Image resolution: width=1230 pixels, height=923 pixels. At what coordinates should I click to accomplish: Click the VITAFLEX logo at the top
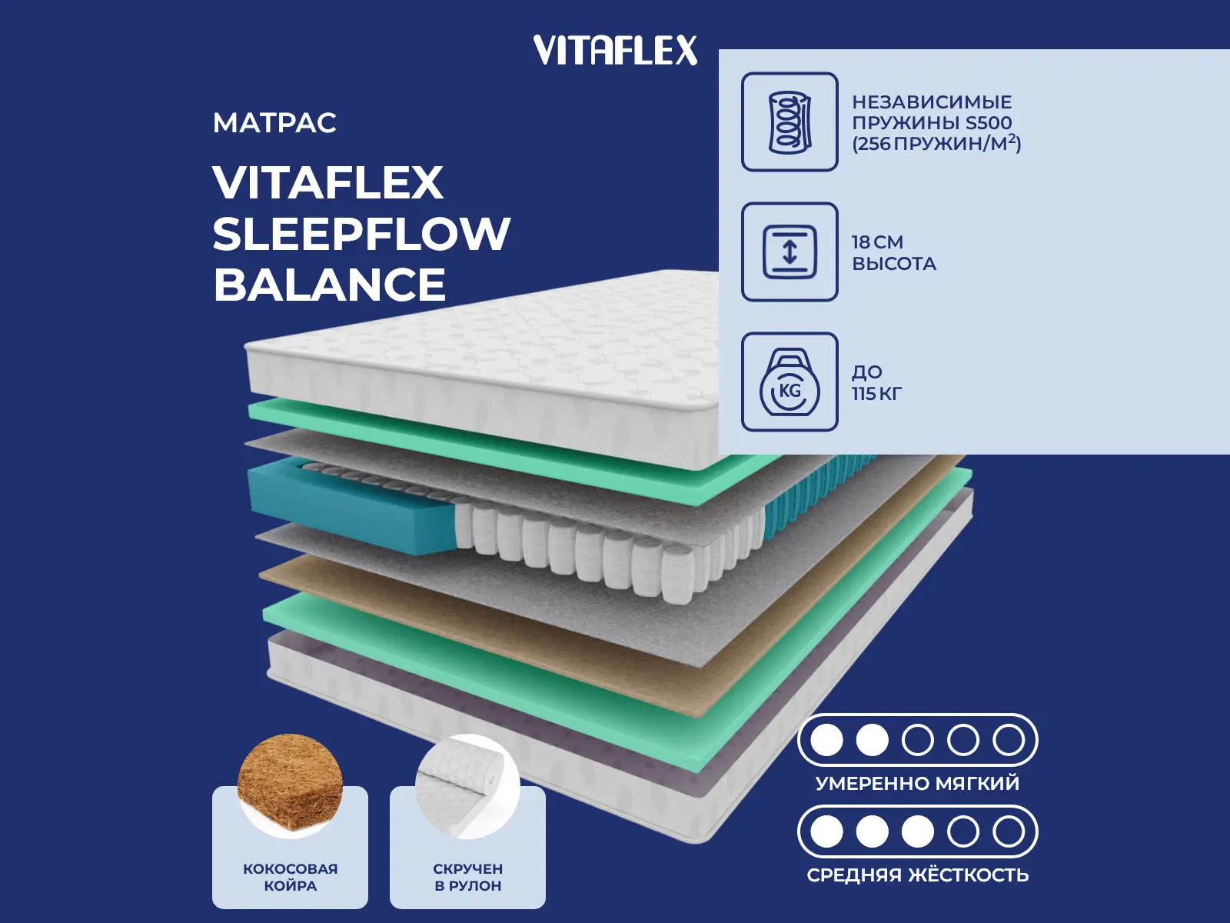click(x=615, y=50)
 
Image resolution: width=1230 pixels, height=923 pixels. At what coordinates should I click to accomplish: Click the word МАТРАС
click(x=274, y=123)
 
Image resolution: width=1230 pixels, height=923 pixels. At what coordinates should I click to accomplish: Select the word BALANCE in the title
click(x=330, y=284)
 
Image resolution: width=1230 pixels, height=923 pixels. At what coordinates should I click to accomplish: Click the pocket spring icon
click(x=790, y=122)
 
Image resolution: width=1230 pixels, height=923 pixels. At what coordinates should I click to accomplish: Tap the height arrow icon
click(x=790, y=252)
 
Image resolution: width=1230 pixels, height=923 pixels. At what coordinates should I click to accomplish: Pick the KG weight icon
click(x=790, y=382)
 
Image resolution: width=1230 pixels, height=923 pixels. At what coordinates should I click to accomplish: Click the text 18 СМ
click(x=878, y=242)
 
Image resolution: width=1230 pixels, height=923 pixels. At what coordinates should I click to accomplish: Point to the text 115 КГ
click(x=877, y=394)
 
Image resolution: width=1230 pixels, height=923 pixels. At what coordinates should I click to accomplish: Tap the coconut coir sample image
click(x=290, y=785)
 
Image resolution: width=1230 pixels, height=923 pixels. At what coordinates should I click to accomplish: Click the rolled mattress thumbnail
click(x=467, y=785)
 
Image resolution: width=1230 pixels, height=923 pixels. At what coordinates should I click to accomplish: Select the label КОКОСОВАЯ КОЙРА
click(x=291, y=877)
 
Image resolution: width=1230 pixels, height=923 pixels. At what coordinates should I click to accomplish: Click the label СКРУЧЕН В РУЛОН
click(x=468, y=877)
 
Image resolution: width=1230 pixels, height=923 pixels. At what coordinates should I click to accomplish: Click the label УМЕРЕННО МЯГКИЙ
click(x=917, y=783)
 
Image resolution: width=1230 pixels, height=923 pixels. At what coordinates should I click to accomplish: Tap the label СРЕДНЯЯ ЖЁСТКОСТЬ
click(x=917, y=875)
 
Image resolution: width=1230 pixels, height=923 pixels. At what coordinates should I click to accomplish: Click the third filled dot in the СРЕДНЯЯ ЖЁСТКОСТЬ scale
click(x=917, y=831)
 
